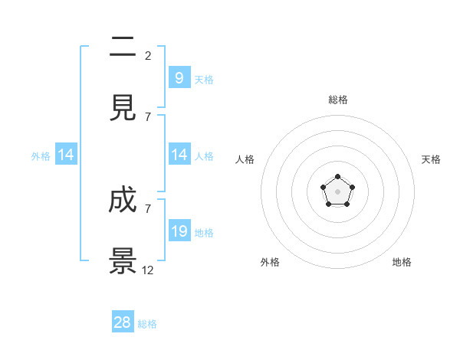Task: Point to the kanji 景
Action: (123, 260)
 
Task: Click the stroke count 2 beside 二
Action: (148, 55)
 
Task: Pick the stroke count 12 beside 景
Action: (148, 270)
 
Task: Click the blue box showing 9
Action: (179, 77)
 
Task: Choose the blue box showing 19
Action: (179, 231)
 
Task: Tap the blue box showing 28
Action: (123, 322)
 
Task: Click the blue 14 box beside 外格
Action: (66, 155)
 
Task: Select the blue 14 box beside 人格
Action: (179, 155)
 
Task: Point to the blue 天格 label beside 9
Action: (204, 79)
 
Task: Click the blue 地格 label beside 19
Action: (204, 233)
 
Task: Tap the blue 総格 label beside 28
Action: (147, 324)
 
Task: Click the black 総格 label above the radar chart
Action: (338, 100)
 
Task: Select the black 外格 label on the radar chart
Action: (270, 263)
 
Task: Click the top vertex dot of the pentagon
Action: (337, 177)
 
